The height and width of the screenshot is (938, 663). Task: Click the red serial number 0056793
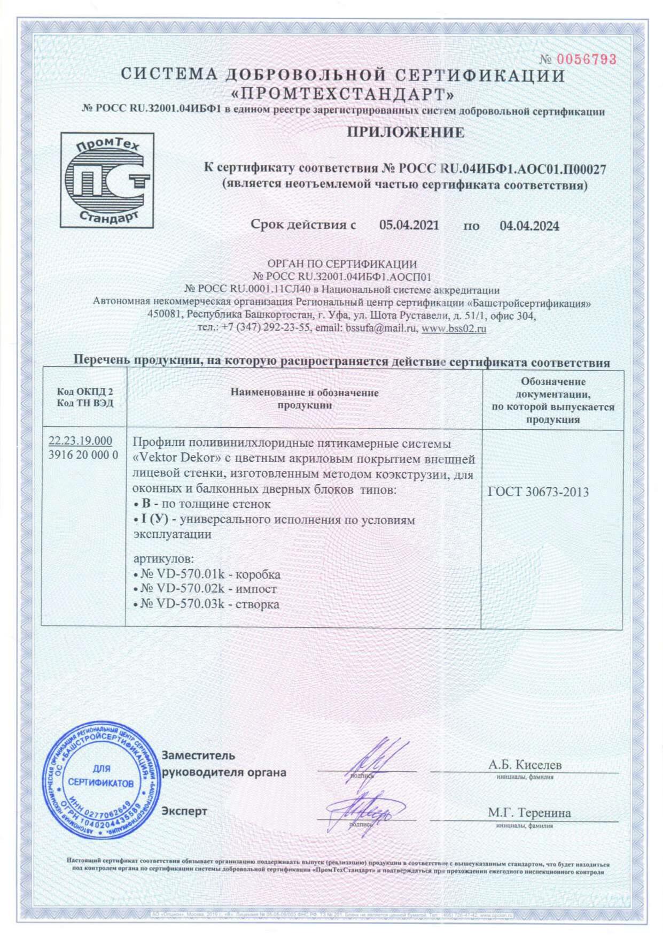pyautogui.click(x=586, y=59)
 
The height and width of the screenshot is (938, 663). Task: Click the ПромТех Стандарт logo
pyautogui.click(x=107, y=181)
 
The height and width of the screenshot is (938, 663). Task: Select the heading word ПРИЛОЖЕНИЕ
pyautogui.click(x=405, y=133)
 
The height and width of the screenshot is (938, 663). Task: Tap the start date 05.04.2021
pyautogui.click(x=409, y=225)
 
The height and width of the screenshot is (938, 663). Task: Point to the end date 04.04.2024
pyautogui.click(x=529, y=226)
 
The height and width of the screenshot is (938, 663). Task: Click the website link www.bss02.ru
pyautogui.click(x=454, y=329)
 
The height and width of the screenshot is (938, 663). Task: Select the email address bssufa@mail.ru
pyautogui.click(x=380, y=329)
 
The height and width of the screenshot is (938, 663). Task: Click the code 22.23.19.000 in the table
pyautogui.click(x=80, y=441)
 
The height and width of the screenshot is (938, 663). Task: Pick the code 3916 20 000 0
pyautogui.click(x=83, y=456)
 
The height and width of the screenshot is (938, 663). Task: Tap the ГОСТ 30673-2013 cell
pyautogui.click(x=538, y=492)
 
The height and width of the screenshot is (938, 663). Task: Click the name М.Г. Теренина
pyautogui.click(x=528, y=813)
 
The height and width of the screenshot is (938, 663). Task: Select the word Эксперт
pyautogui.click(x=184, y=811)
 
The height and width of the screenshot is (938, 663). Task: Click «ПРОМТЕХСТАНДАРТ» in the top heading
pyautogui.click(x=343, y=95)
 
